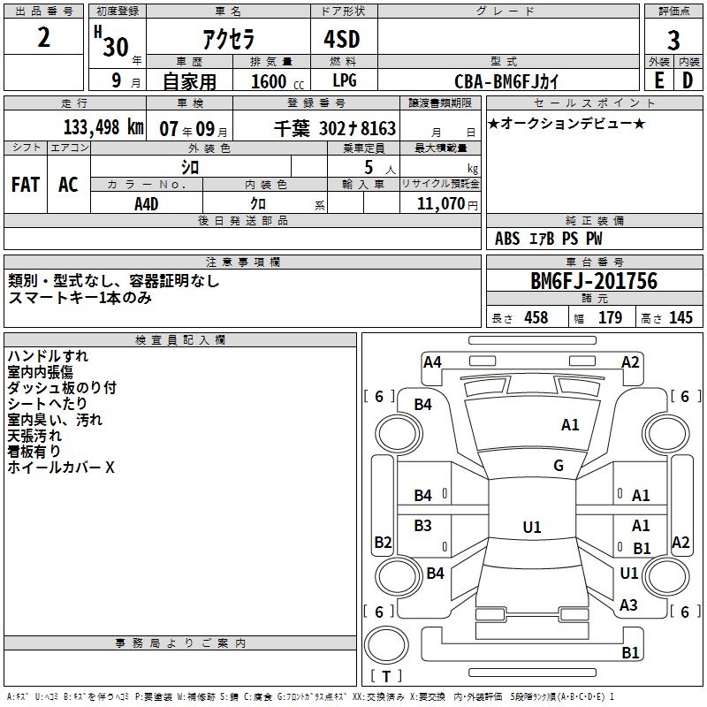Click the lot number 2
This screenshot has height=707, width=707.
tap(44, 40)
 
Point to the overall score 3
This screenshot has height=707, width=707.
tap(673, 41)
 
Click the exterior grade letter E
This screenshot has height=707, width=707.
tap(658, 80)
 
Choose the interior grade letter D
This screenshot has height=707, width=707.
tap(688, 80)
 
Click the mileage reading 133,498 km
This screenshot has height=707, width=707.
tap(103, 126)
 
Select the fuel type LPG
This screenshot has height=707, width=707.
tap(344, 80)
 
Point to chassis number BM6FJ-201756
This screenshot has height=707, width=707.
tap(594, 281)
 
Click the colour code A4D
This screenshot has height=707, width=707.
tap(146, 203)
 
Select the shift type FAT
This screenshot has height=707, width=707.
tap(25, 185)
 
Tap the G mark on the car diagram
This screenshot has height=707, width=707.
tap(559, 465)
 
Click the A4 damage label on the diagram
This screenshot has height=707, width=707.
tap(432, 361)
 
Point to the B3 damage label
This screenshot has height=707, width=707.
tap(423, 526)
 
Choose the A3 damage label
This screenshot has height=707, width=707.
tap(629, 605)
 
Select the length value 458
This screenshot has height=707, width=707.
tap(536, 318)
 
